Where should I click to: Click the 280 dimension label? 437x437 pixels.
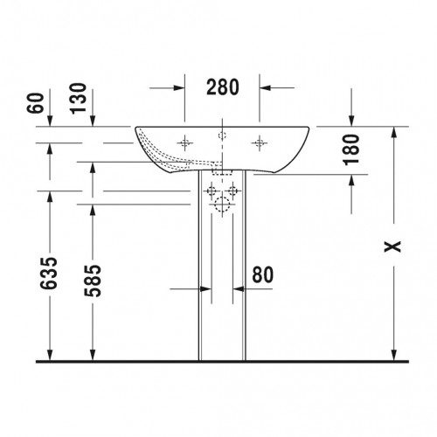point(223,87)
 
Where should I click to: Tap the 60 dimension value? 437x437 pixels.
point(35,103)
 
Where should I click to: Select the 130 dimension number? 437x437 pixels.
point(79,99)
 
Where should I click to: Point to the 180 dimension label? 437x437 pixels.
point(351,149)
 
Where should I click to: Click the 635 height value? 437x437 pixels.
point(48,274)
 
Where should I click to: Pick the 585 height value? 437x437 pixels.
point(93,281)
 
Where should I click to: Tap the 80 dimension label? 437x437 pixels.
point(263,274)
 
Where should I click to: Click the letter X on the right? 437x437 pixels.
point(392,246)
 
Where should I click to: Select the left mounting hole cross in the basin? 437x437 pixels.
point(184,142)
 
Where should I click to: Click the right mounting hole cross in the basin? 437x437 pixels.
point(260,142)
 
